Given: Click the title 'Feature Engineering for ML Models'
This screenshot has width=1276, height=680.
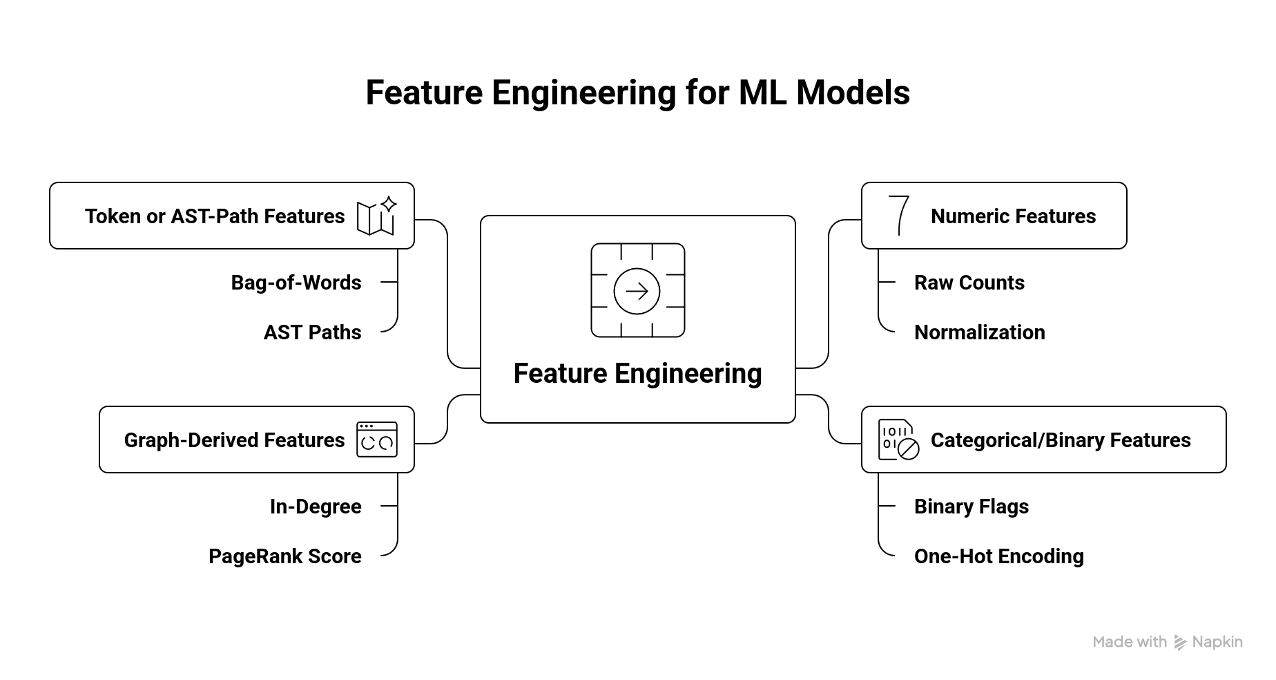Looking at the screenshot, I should pyautogui.click(x=637, y=93).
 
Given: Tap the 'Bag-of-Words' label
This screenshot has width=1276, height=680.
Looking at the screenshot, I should pyautogui.click(x=296, y=283).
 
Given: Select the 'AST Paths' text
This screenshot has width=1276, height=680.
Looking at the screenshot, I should pyautogui.click(x=312, y=332).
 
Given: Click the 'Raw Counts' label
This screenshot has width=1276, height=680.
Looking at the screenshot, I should pyautogui.click(x=969, y=283).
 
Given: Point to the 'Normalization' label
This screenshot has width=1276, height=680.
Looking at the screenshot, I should pyautogui.click(x=979, y=332).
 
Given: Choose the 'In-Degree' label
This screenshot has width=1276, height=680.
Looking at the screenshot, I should pyautogui.click(x=316, y=507).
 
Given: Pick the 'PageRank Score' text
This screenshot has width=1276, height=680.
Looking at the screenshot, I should pyautogui.click(x=284, y=556).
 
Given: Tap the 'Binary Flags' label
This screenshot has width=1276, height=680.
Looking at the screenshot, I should pyautogui.click(x=971, y=507).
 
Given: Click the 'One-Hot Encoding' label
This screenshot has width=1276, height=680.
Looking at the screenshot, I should pyautogui.click(x=998, y=556).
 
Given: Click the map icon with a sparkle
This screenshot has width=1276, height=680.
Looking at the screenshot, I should pyautogui.click(x=376, y=216).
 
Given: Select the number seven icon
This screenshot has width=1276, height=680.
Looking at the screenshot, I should pyautogui.click(x=898, y=216).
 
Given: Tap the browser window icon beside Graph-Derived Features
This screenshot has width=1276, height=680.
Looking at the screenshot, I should pyautogui.click(x=377, y=440).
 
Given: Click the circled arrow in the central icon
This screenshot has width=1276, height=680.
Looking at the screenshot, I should pyautogui.click(x=637, y=291).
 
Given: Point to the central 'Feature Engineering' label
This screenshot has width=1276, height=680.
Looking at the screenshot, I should pyautogui.click(x=637, y=374).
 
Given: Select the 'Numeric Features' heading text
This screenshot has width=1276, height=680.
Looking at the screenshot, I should pyautogui.click(x=1013, y=216).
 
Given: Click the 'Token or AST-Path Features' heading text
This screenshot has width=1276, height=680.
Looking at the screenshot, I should pyautogui.click(x=215, y=216).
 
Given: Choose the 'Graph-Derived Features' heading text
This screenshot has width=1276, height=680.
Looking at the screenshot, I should pyautogui.click(x=234, y=440).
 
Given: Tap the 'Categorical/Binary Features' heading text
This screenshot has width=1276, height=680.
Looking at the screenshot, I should pyautogui.click(x=1061, y=440).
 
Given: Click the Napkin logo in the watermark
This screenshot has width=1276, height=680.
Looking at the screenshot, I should pyautogui.click(x=1180, y=643).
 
